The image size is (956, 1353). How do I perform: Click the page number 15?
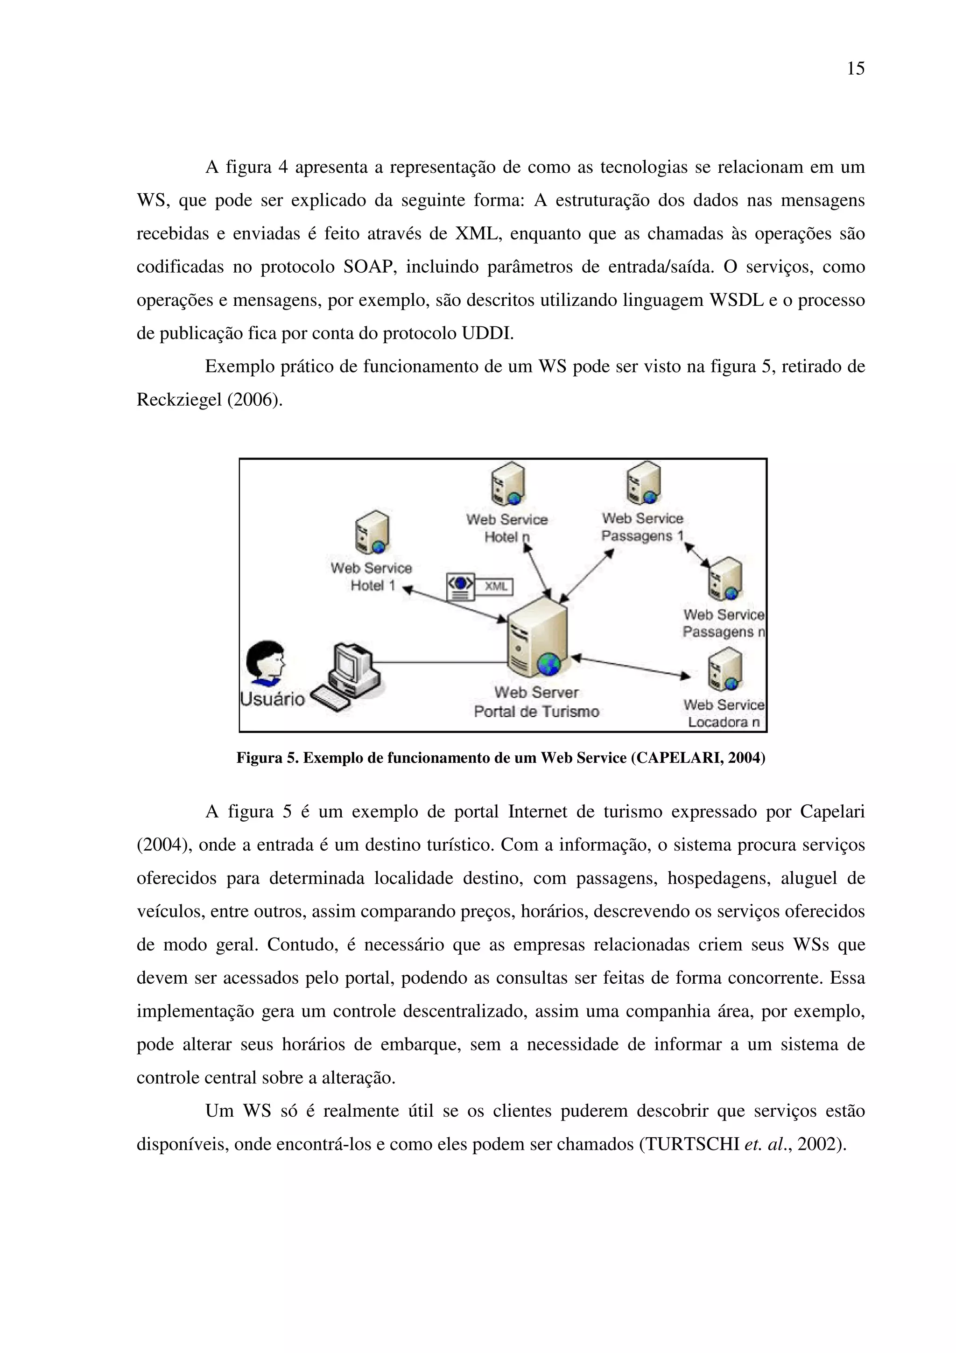point(855,69)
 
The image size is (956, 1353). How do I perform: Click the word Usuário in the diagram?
point(272,699)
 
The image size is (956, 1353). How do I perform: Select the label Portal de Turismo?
point(536,712)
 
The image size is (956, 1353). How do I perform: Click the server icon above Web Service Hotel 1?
point(372,533)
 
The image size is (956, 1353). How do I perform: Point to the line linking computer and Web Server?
point(439,662)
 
